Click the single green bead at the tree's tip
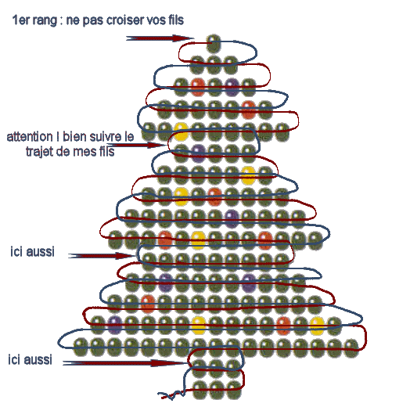[x=214, y=43]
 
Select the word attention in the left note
[x=30, y=137]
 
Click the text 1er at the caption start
[x=20, y=20]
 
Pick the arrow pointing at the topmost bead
[x=160, y=38]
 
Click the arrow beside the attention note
[x=136, y=145]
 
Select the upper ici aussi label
[x=32, y=251]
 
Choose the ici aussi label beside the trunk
[x=30, y=359]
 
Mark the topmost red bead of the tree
[x=198, y=87]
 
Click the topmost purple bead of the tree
[x=232, y=87]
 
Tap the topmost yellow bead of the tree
[x=181, y=131]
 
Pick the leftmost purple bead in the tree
[x=115, y=325]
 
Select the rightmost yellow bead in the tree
[x=317, y=326]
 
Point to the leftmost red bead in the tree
[x=148, y=304]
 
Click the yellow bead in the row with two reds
[x=198, y=240]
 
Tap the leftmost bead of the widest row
[x=81, y=347]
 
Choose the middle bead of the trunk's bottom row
[x=217, y=390]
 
